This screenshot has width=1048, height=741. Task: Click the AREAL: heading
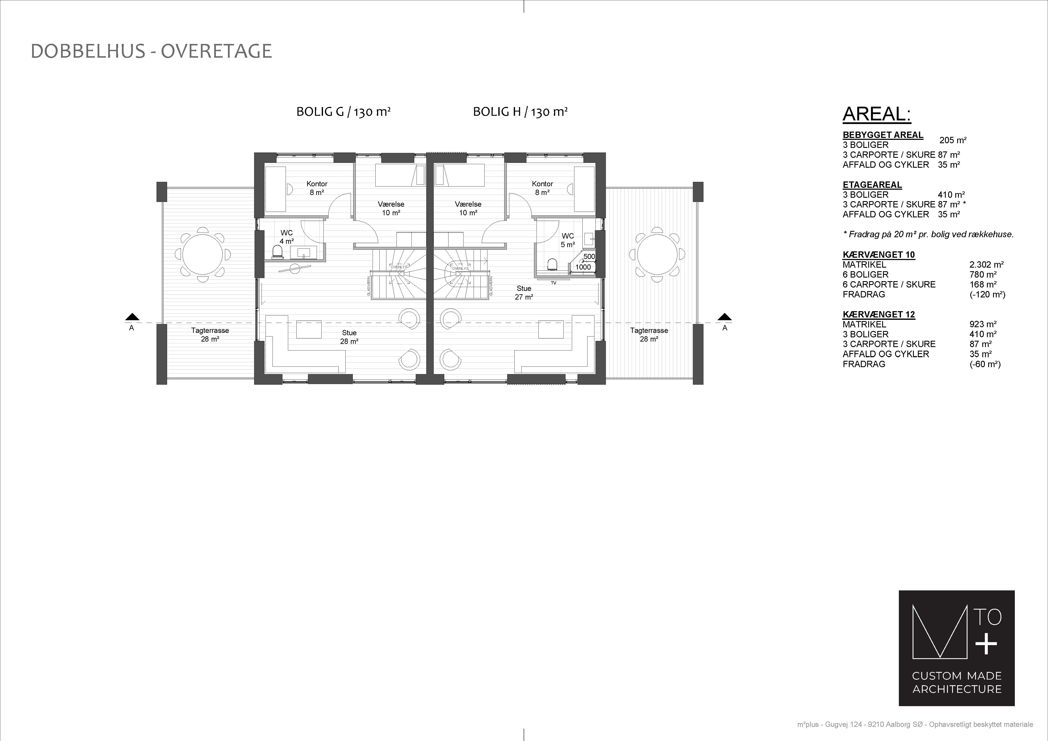click(877, 114)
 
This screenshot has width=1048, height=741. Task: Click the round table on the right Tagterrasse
click(657, 255)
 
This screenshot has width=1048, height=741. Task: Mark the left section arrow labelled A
click(132, 317)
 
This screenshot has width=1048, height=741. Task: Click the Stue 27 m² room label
click(524, 293)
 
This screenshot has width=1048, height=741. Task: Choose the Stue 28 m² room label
click(349, 337)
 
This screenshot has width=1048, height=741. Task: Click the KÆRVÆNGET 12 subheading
click(879, 314)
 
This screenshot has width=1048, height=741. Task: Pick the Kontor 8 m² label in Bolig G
click(317, 188)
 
